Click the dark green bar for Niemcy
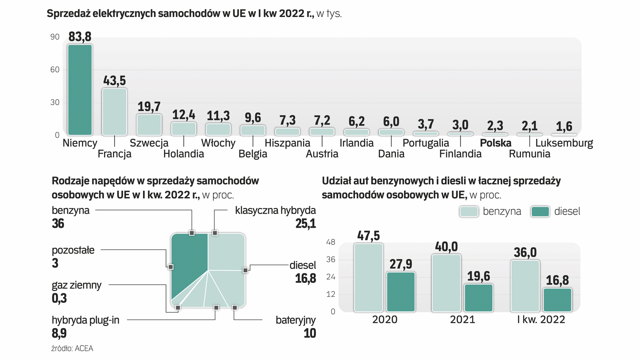[80, 90]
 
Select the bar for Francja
[114, 112]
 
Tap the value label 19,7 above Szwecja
[149, 107]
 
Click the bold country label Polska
[495, 143]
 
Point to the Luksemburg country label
[564, 143]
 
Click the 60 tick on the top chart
[55, 70]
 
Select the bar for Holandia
[184, 129]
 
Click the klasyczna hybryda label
[275, 210]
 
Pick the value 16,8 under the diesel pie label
[305, 278]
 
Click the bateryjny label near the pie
[295, 320]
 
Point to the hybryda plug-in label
[85, 320]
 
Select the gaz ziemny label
[76, 285]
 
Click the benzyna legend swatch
[469, 212]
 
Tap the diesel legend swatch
[540, 212]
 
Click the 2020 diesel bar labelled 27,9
[401, 292]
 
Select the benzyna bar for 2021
[446, 283]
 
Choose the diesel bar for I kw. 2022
[557, 300]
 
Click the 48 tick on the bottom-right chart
[331, 242]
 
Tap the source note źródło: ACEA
[72, 349]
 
